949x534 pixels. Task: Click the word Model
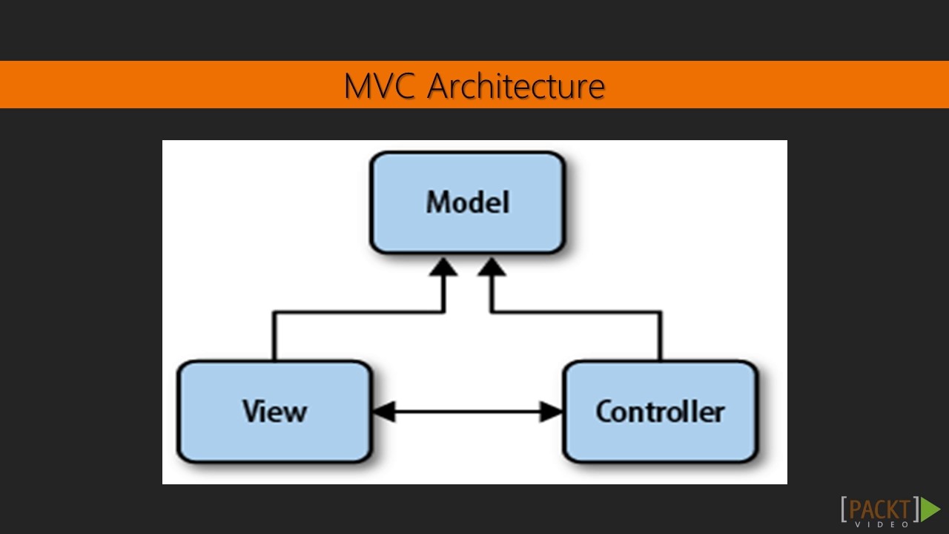[467, 202]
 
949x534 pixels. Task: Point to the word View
[274, 412]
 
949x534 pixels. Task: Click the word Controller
[660, 412]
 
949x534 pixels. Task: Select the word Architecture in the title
[516, 86]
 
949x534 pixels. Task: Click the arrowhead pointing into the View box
[383, 412]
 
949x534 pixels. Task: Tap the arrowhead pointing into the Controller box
[551, 412]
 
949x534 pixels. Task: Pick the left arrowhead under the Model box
[444, 267]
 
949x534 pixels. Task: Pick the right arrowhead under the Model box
[490, 267]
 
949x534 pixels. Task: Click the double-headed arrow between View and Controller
[467, 412]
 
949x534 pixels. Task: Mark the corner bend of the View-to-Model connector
[274, 312]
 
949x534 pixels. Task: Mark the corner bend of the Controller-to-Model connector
[660, 312]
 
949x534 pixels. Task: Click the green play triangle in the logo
[930, 509]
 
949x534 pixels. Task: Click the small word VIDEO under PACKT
[882, 524]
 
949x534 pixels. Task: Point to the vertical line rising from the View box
[274, 337]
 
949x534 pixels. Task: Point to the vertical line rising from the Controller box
[660, 337]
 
